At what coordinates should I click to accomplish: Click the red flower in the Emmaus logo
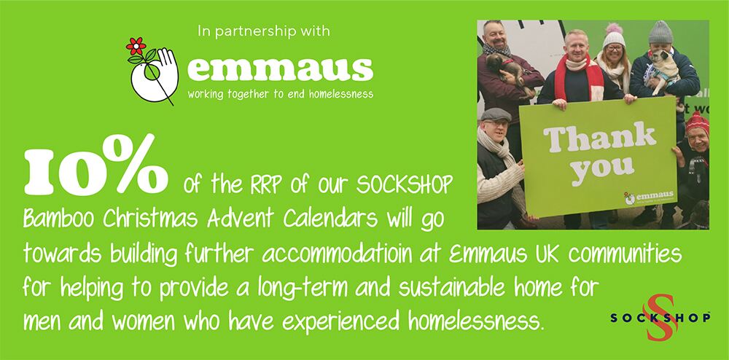(136, 46)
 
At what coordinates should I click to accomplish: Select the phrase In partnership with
(264, 31)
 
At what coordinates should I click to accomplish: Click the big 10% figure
(95, 165)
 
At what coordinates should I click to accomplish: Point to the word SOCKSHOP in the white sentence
(404, 186)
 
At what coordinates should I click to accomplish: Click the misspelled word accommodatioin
(350, 254)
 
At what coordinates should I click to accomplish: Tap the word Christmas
(152, 219)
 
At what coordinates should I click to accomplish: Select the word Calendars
(330, 219)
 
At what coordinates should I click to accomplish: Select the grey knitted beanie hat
(660, 33)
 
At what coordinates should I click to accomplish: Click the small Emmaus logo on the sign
(648, 197)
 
